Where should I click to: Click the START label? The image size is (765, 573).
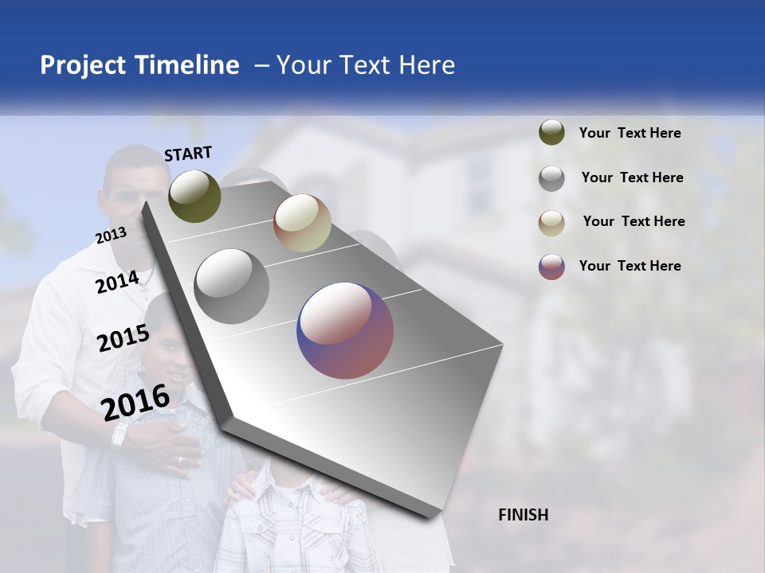(x=188, y=154)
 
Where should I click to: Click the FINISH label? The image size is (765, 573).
(x=523, y=515)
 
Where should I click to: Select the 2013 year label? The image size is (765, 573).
(x=111, y=236)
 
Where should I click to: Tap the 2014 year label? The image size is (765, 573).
(x=117, y=282)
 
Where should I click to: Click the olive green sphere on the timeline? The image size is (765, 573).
(x=194, y=197)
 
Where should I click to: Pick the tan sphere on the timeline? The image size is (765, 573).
(x=302, y=223)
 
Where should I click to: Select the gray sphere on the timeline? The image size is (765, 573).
(x=231, y=286)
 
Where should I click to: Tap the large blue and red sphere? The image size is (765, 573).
(x=345, y=330)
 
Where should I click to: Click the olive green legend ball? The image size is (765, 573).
(x=551, y=133)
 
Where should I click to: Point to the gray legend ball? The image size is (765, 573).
(x=551, y=178)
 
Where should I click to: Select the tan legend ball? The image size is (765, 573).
(x=551, y=223)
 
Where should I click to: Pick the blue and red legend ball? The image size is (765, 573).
(x=551, y=267)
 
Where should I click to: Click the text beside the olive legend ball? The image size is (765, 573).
(x=630, y=133)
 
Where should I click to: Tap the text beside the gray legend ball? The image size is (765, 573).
(x=632, y=177)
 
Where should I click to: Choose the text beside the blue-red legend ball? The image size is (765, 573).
(x=630, y=266)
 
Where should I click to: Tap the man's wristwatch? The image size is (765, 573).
(x=120, y=435)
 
